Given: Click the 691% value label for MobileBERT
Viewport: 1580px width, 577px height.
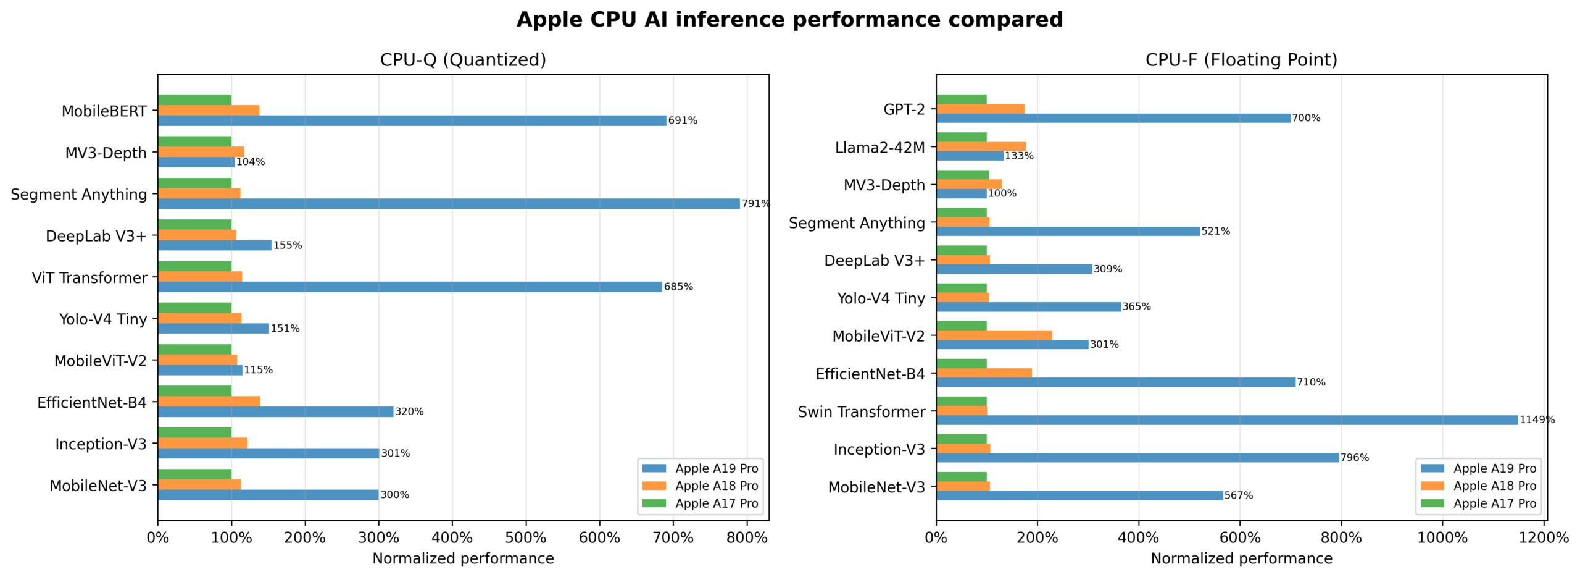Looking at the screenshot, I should point(682,120).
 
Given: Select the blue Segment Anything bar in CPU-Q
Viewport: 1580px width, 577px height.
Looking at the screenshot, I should point(448,204).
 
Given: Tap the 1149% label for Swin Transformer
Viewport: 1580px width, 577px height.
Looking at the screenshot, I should point(1536,420).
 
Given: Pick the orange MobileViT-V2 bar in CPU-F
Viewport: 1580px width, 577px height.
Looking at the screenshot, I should point(993,335).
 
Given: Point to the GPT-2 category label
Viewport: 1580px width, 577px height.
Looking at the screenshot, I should point(904,109).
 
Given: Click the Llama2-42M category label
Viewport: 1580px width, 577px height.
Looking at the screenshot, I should point(879,148).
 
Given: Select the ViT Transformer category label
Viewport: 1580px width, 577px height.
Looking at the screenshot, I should point(89,278).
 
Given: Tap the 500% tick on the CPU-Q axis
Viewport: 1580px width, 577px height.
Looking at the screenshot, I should point(526,537).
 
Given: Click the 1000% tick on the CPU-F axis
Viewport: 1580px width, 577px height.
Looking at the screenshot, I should point(1442,537).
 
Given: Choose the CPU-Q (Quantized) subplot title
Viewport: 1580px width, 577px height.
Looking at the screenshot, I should point(463,60).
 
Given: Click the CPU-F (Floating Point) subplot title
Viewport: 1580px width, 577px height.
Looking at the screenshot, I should point(1241,60).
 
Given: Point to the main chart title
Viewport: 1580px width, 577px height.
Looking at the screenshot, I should point(789,20).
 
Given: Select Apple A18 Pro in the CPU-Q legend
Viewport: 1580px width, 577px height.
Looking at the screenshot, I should point(716,486).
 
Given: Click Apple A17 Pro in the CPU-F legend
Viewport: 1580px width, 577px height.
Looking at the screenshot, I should point(1494,503).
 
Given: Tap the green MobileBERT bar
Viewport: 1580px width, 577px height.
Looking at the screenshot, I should point(194,100).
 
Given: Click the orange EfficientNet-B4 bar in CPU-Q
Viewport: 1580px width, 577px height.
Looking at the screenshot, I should point(209,402).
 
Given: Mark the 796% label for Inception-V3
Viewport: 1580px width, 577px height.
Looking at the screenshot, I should point(1354,458).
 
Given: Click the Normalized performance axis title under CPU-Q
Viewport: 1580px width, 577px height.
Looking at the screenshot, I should point(463,558).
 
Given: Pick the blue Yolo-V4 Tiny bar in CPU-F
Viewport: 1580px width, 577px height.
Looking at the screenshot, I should point(1028,307).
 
